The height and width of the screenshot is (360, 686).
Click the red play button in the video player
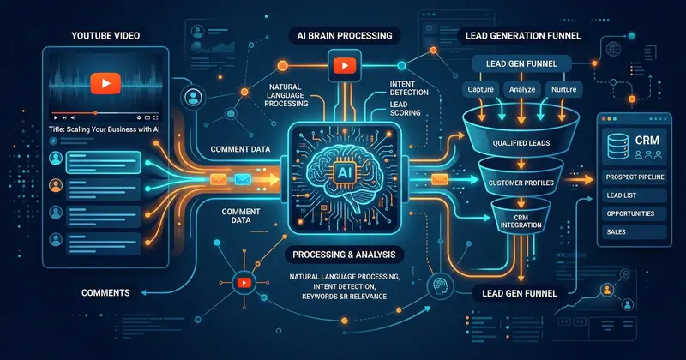point(104,83)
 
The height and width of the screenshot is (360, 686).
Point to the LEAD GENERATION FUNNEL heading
point(514,36)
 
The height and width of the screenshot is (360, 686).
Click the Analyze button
point(523,89)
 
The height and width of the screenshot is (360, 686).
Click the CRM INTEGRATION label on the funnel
point(522,222)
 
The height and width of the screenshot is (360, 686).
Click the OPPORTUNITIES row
point(630,213)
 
